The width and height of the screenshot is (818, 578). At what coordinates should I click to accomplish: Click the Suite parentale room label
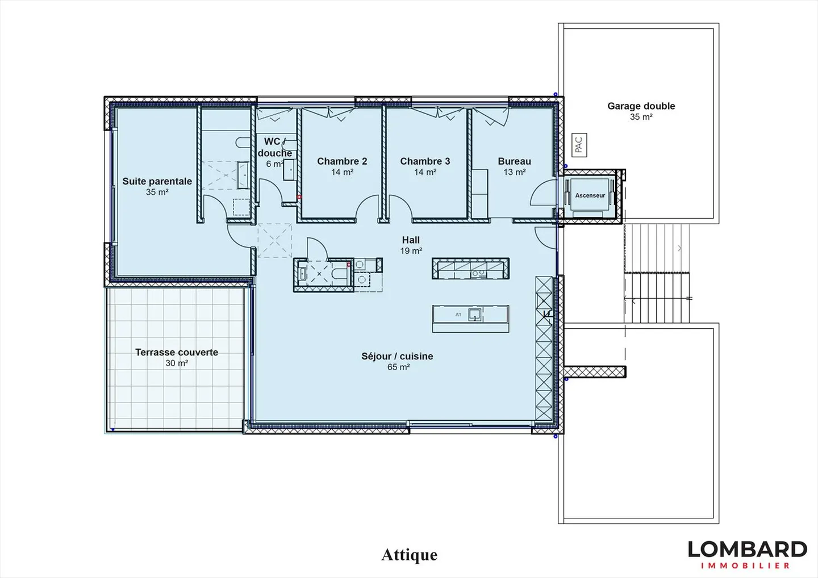click(157, 182)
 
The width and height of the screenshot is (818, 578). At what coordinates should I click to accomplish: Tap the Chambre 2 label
click(342, 161)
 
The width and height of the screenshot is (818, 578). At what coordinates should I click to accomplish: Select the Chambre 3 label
click(425, 161)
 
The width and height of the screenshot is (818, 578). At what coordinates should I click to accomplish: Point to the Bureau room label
click(514, 161)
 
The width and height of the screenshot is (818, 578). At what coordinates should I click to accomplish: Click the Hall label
click(411, 240)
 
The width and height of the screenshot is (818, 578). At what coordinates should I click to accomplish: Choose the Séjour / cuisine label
click(397, 357)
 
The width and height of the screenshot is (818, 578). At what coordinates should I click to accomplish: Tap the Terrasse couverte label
click(177, 353)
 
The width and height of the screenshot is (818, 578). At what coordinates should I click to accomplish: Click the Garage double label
click(641, 106)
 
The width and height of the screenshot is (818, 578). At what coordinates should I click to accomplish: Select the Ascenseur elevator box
click(590, 195)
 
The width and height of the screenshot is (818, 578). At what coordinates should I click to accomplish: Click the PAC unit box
click(578, 145)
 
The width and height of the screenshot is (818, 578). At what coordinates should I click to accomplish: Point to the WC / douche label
click(275, 148)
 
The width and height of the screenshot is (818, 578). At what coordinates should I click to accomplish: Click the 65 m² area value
click(398, 367)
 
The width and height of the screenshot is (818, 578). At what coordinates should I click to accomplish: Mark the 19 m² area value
click(411, 251)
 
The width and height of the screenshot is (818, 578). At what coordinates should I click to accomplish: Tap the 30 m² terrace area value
click(177, 363)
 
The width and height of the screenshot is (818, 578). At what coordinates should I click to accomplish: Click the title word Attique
click(409, 555)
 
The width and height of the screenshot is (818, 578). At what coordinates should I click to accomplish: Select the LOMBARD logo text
click(747, 549)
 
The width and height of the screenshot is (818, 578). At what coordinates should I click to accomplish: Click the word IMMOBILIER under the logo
click(745, 566)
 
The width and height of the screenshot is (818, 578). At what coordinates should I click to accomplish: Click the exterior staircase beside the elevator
click(657, 273)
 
